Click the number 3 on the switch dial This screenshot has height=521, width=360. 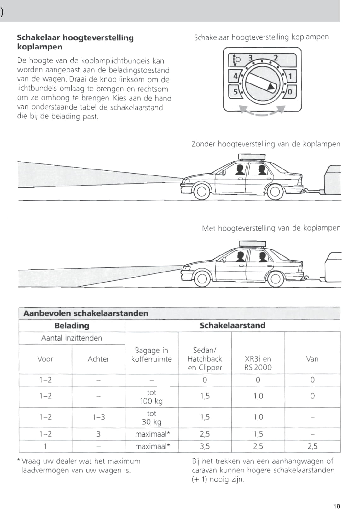251,58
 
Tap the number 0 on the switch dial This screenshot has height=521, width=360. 290,92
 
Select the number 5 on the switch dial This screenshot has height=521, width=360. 235,92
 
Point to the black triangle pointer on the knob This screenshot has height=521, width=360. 271,86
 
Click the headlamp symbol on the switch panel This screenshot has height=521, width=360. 236,59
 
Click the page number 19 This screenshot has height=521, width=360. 337,507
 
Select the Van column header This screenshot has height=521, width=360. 312,359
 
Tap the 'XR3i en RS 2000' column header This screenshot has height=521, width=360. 258,363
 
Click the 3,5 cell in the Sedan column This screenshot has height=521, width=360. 205,446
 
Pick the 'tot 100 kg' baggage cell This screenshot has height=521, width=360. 151,397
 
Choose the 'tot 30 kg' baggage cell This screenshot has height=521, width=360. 151,417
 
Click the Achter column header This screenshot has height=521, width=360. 98,359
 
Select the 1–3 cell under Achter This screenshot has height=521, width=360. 98,417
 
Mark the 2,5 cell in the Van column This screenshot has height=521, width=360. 312,446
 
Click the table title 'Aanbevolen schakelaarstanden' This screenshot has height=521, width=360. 86,313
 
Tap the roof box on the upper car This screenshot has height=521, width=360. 252,157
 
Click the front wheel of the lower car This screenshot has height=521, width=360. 201,278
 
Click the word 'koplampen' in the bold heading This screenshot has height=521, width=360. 40,47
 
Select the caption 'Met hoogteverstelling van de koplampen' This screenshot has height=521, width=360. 271,228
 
